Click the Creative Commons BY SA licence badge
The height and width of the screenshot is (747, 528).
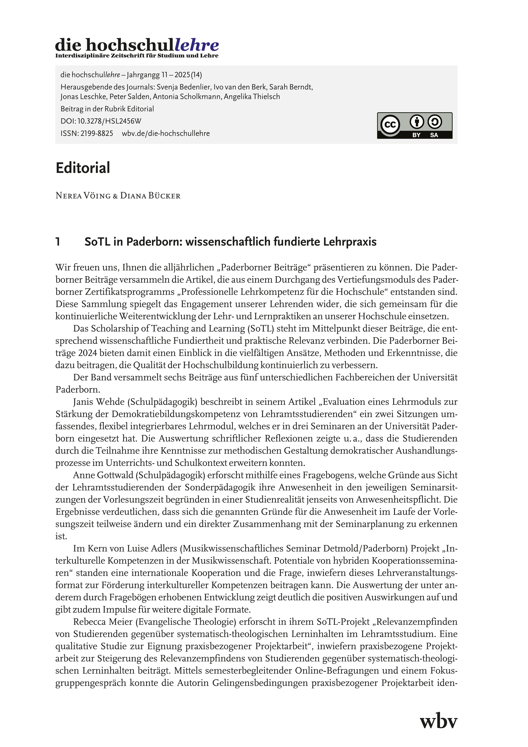414,126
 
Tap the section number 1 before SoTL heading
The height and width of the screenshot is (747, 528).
58,242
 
